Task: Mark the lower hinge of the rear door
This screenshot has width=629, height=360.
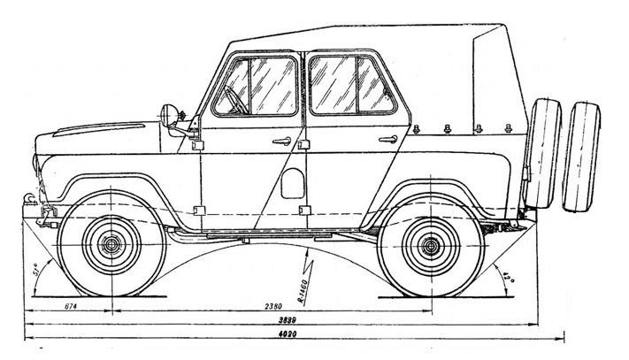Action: pyautogui.click(x=304, y=211)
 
